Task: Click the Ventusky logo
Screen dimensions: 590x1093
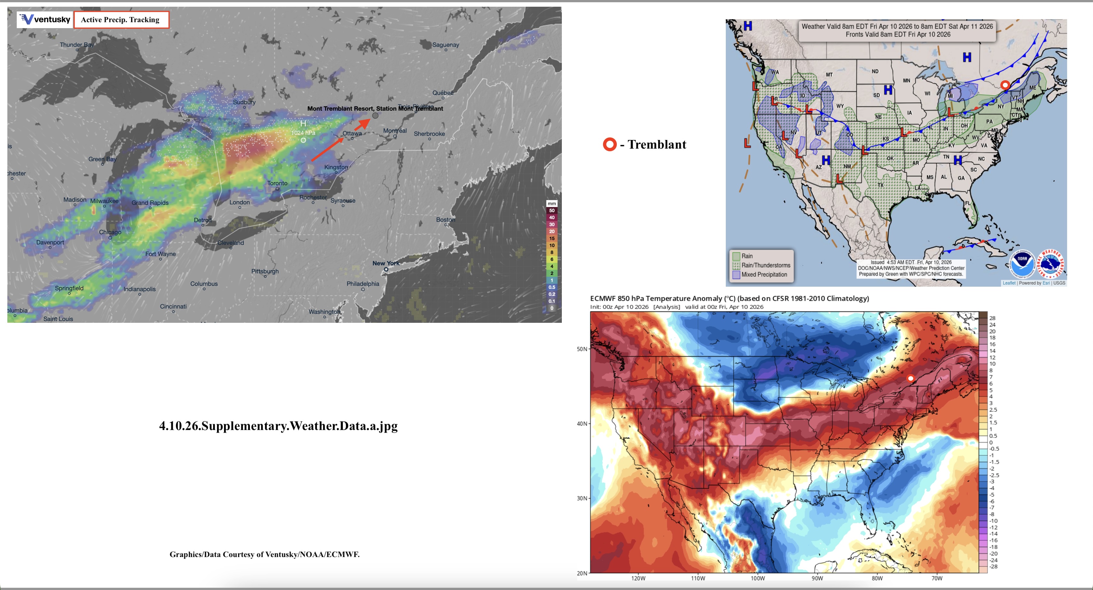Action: pos(44,19)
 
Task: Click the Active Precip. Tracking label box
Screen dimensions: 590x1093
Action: pos(121,19)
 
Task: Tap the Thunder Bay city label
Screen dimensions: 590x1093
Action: pos(76,44)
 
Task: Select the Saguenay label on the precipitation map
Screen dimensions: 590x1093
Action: pos(446,44)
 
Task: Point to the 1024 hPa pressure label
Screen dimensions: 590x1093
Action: pos(303,133)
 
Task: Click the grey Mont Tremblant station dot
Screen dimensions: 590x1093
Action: pos(375,115)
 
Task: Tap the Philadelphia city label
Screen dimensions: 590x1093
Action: pos(363,283)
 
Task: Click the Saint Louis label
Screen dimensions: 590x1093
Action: pos(58,319)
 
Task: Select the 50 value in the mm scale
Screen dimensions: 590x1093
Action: pos(552,211)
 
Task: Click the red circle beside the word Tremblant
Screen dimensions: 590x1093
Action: pos(610,144)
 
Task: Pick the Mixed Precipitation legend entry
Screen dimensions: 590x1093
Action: pos(764,275)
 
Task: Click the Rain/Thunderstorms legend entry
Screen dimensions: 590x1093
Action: pos(765,265)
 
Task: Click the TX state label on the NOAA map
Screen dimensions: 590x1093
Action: pos(880,185)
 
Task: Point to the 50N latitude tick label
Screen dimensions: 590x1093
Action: pos(582,349)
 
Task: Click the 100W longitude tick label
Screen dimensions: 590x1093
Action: pos(757,578)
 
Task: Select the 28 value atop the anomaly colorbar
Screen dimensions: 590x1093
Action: pos(992,318)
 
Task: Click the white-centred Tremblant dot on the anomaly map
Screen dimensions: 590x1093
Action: pos(910,378)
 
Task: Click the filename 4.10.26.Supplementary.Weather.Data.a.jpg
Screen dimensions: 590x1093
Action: pos(278,426)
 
